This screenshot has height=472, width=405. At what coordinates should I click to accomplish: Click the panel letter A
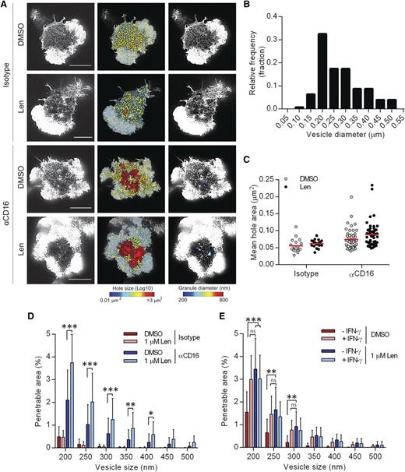pos(5,5)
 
